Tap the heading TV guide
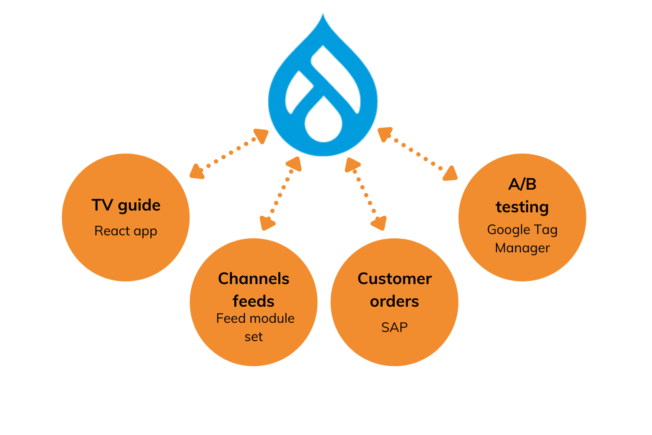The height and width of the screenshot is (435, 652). coord(126,205)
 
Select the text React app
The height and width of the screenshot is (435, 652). coord(126,231)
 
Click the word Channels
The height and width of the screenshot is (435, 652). coord(253,279)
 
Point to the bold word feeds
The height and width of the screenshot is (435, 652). coord(253,301)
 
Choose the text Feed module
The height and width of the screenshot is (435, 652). coord(255,318)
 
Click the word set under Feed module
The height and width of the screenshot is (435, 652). coord(253,337)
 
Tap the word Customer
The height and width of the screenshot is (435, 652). coord(394,279)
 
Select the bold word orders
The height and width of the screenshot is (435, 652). coord(394,301)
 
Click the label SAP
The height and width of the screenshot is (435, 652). coord(394,327)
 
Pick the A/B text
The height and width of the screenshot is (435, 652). coord(522,184)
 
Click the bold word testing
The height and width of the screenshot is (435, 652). coord(522,207)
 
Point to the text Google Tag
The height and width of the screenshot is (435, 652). coord(522,229)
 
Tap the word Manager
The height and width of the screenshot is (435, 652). coord(522,248)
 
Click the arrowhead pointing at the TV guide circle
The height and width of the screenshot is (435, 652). coord(196,172)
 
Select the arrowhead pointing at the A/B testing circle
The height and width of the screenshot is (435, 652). coord(451,174)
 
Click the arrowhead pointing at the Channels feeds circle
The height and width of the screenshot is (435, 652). coord(266,223)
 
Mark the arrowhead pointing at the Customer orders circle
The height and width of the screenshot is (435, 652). coord(379,223)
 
